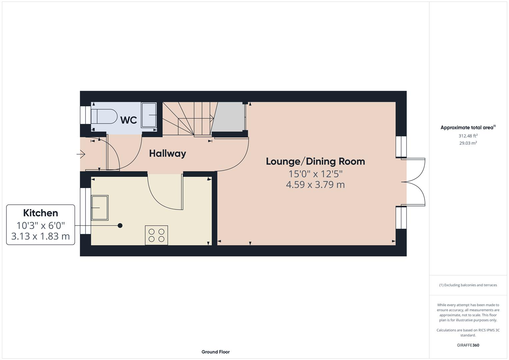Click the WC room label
click(129, 120)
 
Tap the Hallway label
click(167, 153)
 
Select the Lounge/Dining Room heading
click(315, 161)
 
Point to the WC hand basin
click(149, 115)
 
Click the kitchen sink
click(100, 208)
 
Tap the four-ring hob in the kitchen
click(156, 235)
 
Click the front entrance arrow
click(81, 154)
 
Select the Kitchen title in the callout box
click(41, 213)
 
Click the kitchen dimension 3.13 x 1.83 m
click(41, 236)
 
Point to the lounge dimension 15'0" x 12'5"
click(315, 174)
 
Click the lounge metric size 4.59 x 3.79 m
click(315, 184)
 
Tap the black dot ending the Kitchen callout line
click(120, 226)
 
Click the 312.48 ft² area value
click(468, 136)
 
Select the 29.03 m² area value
click(468, 143)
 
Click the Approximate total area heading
click(468, 127)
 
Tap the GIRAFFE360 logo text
click(468, 345)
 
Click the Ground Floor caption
click(215, 352)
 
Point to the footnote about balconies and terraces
click(468, 285)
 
